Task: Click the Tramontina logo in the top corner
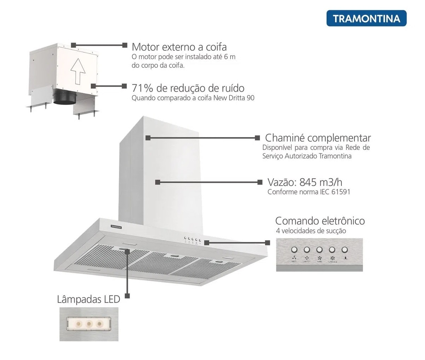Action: pos(366,18)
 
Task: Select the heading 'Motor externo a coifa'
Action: pos(179,47)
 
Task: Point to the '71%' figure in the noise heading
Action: pos(142,88)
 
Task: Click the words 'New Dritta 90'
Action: pos(234,98)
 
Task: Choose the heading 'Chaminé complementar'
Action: pos(318,137)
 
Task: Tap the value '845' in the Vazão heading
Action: pos(308,182)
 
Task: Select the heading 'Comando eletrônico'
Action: pos(320,221)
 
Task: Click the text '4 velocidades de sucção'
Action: pos(311,231)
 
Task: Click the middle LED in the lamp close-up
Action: pos(89,324)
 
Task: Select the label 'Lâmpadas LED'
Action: pos(89,299)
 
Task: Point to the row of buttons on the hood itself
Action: pos(192,239)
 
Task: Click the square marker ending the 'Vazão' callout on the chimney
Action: pos(158,182)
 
